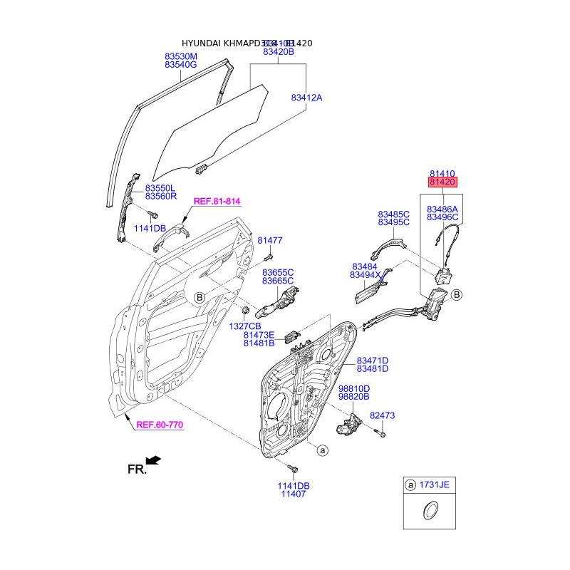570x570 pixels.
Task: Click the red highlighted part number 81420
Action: pyautogui.click(x=442, y=182)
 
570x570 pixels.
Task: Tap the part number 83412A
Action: pyautogui.click(x=306, y=98)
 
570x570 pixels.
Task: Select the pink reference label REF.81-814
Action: pyautogui.click(x=217, y=202)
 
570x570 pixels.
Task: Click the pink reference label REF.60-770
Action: pyautogui.click(x=160, y=425)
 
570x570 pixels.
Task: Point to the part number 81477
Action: pyautogui.click(x=270, y=241)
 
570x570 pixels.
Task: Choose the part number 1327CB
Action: pyautogui.click(x=244, y=325)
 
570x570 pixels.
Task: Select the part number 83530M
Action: pyautogui.click(x=181, y=56)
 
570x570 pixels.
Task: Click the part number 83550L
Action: pyautogui.click(x=160, y=187)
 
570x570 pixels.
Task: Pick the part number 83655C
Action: pyautogui.click(x=278, y=272)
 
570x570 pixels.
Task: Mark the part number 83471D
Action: pyautogui.click(x=373, y=360)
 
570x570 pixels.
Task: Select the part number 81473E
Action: pyautogui.click(x=259, y=334)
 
